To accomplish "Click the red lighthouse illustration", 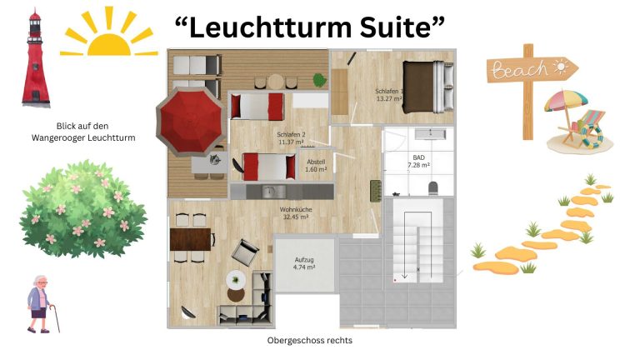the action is pyautogui.click(x=36, y=58).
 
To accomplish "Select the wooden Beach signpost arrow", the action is pyautogui.click(x=532, y=69).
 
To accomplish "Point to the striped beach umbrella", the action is pyautogui.click(x=566, y=100).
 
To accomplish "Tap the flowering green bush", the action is pyautogui.click(x=83, y=209).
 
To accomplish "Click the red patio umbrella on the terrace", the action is pyautogui.click(x=191, y=122).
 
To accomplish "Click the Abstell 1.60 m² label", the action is pyautogui.click(x=316, y=165).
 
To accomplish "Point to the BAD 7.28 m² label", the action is pyautogui.click(x=419, y=161).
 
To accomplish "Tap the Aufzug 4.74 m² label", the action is pyautogui.click(x=304, y=263).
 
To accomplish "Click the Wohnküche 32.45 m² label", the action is pyautogui.click(x=296, y=213).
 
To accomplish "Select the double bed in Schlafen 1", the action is pyautogui.click(x=428, y=87).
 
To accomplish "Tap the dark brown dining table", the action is pyautogui.click(x=190, y=239).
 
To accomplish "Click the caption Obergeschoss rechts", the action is pyautogui.click(x=310, y=340).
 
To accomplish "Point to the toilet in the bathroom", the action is pyautogui.click(x=433, y=188).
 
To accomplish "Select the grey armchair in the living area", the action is pyautogui.click(x=245, y=252).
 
